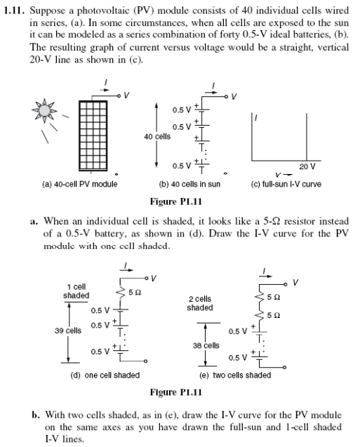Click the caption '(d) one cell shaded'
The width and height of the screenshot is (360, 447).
point(106,375)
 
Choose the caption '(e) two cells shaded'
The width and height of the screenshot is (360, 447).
point(235,375)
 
